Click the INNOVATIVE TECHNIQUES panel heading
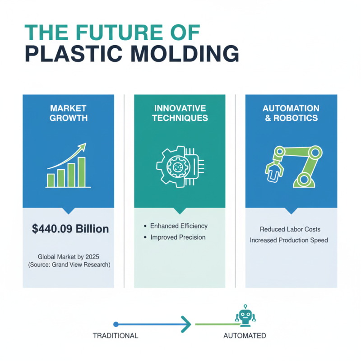[x=180, y=113]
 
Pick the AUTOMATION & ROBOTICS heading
[x=291, y=113]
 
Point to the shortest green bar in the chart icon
[x=51, y=180]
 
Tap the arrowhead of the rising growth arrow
[x=83, y=146]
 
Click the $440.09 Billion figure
[x=70, y=229]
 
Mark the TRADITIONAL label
[x=115, y=336]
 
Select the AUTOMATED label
[x=245, y=336]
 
